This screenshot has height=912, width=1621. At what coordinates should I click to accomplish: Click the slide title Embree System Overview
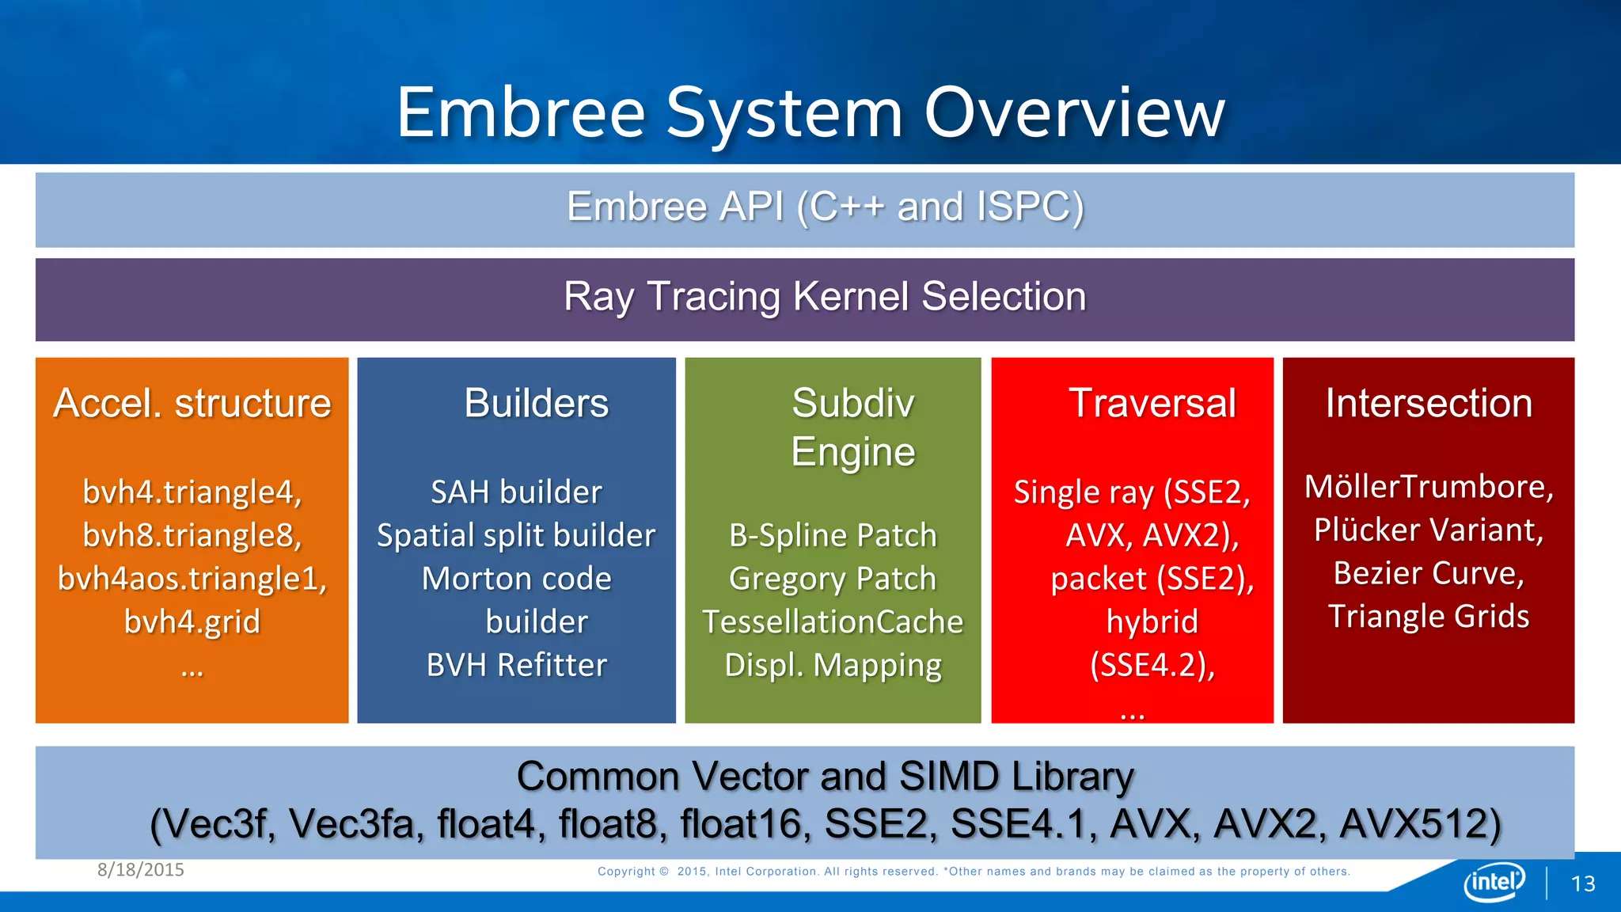pos(810,112)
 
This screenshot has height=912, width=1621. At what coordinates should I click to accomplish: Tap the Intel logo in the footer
pos(1494,881)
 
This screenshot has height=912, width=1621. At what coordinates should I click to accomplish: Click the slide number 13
pos(1583,883)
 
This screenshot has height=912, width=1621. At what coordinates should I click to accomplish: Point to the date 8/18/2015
pos(141,869)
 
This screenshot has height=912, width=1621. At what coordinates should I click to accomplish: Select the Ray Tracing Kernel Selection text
pos(825,297)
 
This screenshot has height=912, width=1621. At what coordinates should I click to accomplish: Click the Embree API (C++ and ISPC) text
pos(825,207)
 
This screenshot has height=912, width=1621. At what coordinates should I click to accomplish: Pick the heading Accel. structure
pos(192,403)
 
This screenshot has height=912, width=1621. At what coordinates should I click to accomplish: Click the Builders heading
pos(536,403)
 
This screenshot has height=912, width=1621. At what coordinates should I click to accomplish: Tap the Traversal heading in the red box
pos(1152,403)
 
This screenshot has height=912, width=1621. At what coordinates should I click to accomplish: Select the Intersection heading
pos(1429,403)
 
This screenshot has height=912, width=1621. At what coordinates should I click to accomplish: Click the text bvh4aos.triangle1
pos(192,579)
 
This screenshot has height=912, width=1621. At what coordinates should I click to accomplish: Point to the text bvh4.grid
pos(192,621)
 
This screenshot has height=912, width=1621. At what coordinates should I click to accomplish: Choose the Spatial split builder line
pos(516,536)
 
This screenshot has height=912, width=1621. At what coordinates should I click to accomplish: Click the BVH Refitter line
pos(516,665)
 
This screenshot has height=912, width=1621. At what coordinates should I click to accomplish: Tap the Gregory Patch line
pos(833,579)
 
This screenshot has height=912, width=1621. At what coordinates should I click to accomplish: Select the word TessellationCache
pos(833,621)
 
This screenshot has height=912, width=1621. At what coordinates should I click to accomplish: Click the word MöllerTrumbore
pos(1429,486)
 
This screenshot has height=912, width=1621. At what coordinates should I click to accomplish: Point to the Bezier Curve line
pos(1429,573)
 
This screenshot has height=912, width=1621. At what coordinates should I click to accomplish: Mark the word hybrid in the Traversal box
pos(1152,621)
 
